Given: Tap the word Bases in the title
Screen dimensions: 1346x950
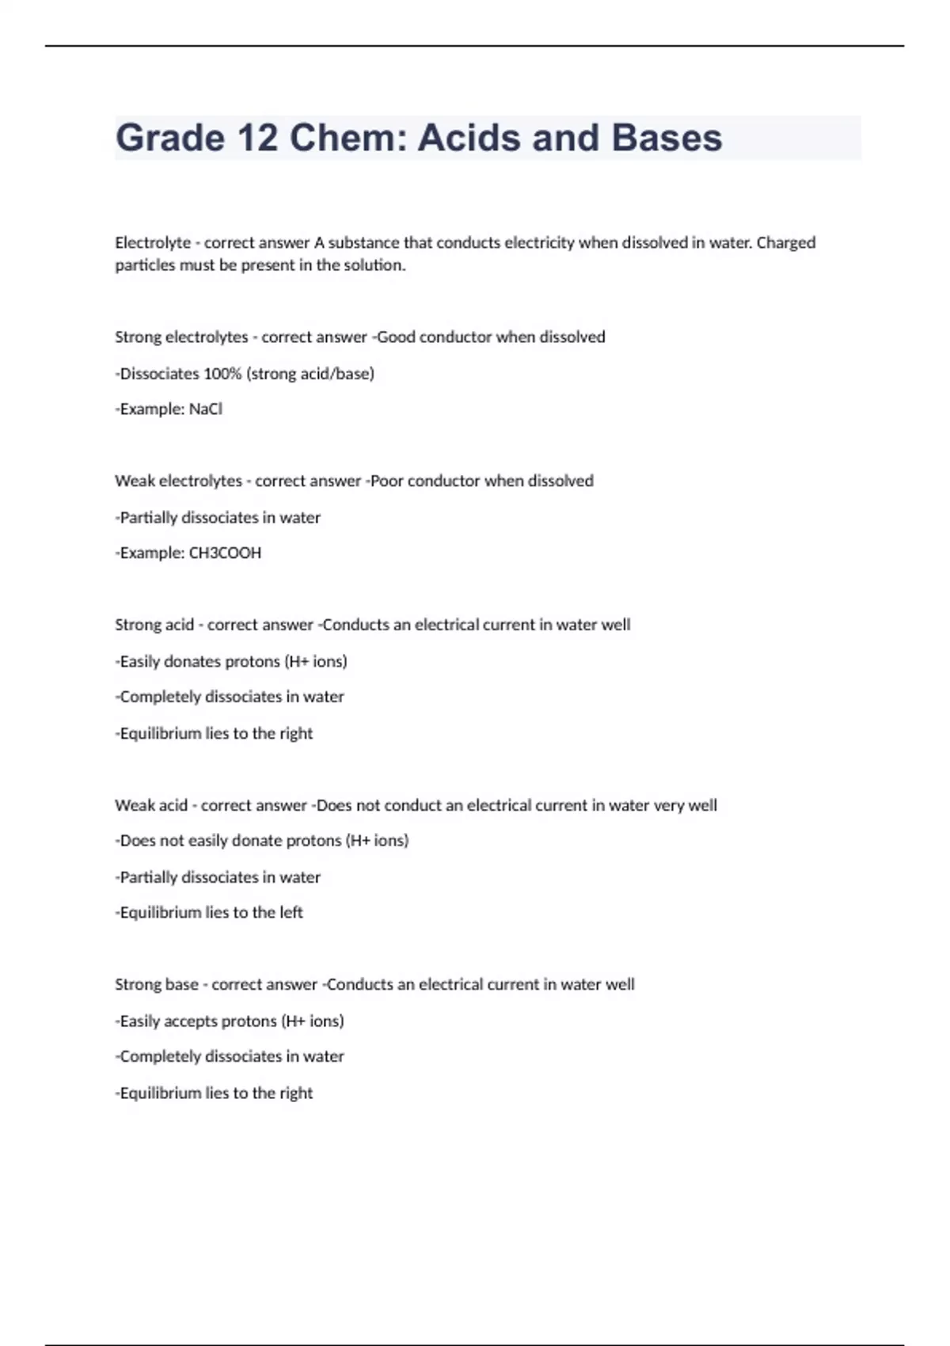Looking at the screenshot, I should coord(667,138).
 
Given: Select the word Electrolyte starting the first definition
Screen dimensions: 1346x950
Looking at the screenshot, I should coord(153,243).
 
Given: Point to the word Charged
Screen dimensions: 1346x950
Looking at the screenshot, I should coord(785,243).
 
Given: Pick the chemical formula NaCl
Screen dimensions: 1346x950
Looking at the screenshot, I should coord(205,409).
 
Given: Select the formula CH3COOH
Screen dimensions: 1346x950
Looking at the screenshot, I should coord(225,553).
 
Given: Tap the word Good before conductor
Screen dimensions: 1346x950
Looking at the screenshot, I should coord(396,337).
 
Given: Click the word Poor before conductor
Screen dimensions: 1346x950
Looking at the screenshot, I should coord(388,481).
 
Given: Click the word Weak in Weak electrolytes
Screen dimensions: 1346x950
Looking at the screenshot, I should coord(135,481).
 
